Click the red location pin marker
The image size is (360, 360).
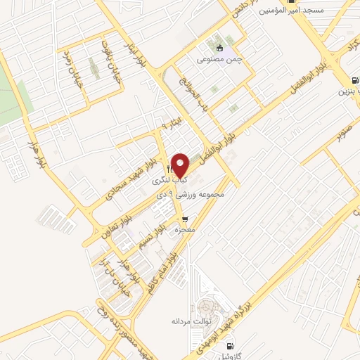pyautogui.click(x=181, y=165)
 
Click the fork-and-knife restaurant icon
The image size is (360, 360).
pyautogui.click(x=169, y=170)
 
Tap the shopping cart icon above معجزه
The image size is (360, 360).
pyautogui.click(x=184, y=219)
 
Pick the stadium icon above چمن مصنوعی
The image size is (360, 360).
pyautogui.click(x=220, y=49)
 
